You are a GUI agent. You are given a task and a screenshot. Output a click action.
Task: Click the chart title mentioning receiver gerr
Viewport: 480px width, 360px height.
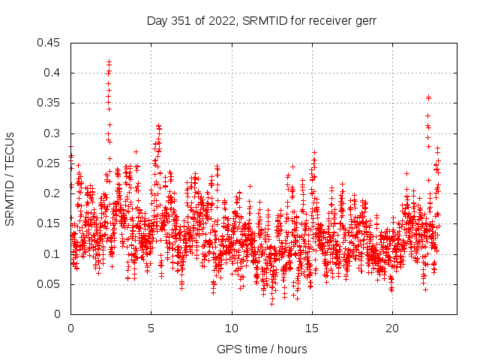tap(262, 20)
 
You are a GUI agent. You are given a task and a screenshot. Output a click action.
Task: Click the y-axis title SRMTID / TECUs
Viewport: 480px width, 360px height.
tap(10, 178)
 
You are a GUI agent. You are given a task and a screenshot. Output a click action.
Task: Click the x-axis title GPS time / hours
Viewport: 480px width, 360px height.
tap(262, 349)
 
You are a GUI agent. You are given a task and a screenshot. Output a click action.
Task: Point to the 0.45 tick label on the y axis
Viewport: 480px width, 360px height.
tap(49, 43)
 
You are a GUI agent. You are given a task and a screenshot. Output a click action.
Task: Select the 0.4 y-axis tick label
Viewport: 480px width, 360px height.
tap(52, 73)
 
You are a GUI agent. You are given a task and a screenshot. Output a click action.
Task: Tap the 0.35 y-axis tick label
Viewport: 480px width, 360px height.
tap(49, 103)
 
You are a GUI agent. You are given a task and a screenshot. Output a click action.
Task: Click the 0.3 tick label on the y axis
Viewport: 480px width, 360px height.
tap(52, 133)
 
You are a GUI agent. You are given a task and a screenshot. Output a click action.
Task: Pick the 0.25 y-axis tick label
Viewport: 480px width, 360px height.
tap(49, 163)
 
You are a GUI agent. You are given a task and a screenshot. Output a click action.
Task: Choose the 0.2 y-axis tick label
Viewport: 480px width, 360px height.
tap(52, 193)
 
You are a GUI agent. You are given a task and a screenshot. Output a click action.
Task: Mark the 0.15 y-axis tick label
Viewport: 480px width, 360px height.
tap(49, 223)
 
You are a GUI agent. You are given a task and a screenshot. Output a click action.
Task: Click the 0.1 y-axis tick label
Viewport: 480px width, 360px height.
tap(52, 254)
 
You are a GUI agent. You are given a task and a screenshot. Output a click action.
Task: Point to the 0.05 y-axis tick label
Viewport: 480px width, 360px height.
tap(49, 284)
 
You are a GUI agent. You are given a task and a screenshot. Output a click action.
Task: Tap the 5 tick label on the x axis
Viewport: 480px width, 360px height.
tap(151, 328)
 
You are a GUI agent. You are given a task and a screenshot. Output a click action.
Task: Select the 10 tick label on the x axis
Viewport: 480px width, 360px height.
tap(232, 328)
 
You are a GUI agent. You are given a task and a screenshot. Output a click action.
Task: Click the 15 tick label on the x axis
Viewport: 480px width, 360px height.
tap(312, 328)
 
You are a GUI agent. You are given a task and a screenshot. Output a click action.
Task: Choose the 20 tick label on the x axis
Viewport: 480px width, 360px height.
tap(392, 328)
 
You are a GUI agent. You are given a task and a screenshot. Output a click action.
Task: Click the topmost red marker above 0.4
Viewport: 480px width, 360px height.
tap(109, 61)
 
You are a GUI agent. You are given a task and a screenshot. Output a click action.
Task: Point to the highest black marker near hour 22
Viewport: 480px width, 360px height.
tap(428, 97)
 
